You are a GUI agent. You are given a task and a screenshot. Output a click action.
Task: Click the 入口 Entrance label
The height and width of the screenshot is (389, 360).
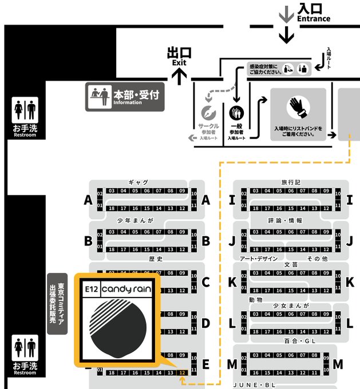pos(313,12)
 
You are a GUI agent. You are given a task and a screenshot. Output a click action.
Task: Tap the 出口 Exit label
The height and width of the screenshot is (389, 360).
pos(179,55)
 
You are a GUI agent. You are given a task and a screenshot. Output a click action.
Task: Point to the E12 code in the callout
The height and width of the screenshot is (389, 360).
pos(90,289)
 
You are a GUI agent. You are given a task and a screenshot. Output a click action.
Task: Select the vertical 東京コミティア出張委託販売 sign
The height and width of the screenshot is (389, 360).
pos(57,303)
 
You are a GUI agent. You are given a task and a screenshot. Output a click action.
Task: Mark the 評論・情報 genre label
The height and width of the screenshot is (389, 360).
pos(285,220)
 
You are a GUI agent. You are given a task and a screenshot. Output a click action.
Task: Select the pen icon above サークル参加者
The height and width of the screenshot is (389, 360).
pos(209,113)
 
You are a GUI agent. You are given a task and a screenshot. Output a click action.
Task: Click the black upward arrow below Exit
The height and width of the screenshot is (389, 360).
pos(179,76)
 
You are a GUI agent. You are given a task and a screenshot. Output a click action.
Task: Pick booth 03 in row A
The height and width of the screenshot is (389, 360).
pos(111,190)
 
